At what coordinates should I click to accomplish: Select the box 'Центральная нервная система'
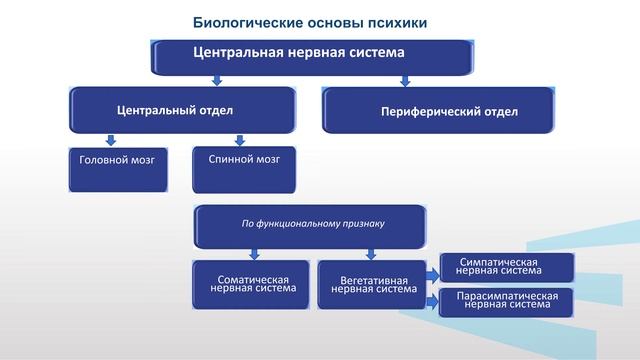click(x=311, y=57)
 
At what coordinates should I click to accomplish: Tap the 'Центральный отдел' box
click(x=182, y=109)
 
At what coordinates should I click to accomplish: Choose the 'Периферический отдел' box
click(x=437, y=110)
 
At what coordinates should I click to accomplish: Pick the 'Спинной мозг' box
click(x=245, y=167)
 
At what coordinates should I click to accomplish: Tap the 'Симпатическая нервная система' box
click(x=507, y=267)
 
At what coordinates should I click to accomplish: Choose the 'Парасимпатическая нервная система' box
click(x=507, y=302)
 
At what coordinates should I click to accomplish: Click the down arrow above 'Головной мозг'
click(x=111, y=141)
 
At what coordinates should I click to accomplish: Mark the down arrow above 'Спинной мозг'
click(x=239, y=140)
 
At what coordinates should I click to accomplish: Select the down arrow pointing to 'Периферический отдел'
click(x=403, y=81)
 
